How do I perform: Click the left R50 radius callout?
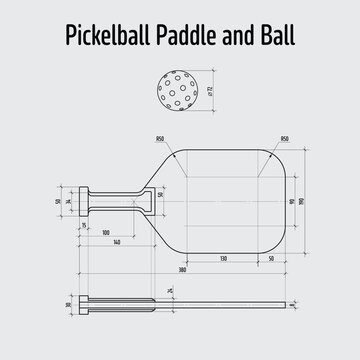click(x=160, y=139)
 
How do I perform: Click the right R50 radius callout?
click(x=284, y=139)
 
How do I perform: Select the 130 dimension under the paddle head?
click(x=221, y=258)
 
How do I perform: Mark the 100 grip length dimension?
click(x=105, y=232)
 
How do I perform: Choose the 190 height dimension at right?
click(x=302, y=201)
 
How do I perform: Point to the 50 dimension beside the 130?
click(x=271, y=258)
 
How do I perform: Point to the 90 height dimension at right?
click(x=290, y=201)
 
